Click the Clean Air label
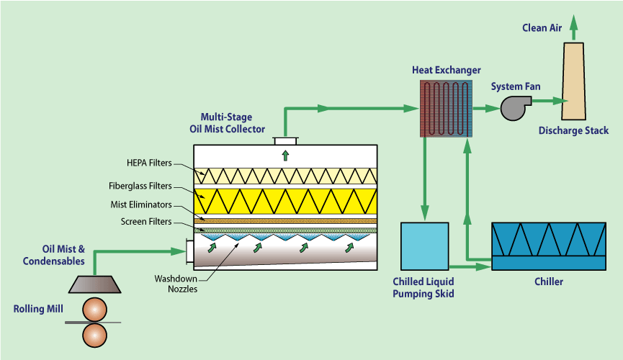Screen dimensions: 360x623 [542, 28]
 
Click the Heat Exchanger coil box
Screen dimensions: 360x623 [446, 107]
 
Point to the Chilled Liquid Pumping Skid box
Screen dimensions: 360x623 [424, 246]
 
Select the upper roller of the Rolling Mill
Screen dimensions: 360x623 [94, 308]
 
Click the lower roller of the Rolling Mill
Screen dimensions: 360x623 [94, 335]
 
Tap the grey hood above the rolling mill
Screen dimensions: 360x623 [94, 283]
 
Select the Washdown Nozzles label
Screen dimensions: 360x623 [175, 284]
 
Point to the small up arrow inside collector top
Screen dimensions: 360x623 [285, 154]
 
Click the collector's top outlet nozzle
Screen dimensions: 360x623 [285, 140]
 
